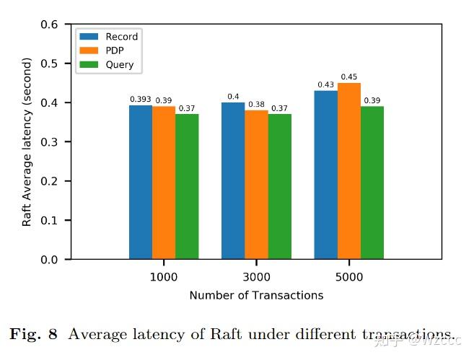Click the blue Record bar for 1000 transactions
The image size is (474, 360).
141,182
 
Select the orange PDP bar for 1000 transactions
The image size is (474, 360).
164,183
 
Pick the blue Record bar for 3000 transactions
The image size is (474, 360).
233,180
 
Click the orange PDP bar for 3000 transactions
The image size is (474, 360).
256,185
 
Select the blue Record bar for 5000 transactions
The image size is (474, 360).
326,175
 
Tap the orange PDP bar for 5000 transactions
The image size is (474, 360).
349,171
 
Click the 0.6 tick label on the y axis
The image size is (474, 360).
50,25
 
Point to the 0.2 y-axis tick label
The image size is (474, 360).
50,181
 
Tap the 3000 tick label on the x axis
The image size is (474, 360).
256,277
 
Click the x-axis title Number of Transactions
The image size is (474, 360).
256,295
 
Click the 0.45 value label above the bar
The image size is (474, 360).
349,77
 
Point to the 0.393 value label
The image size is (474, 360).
141,100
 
